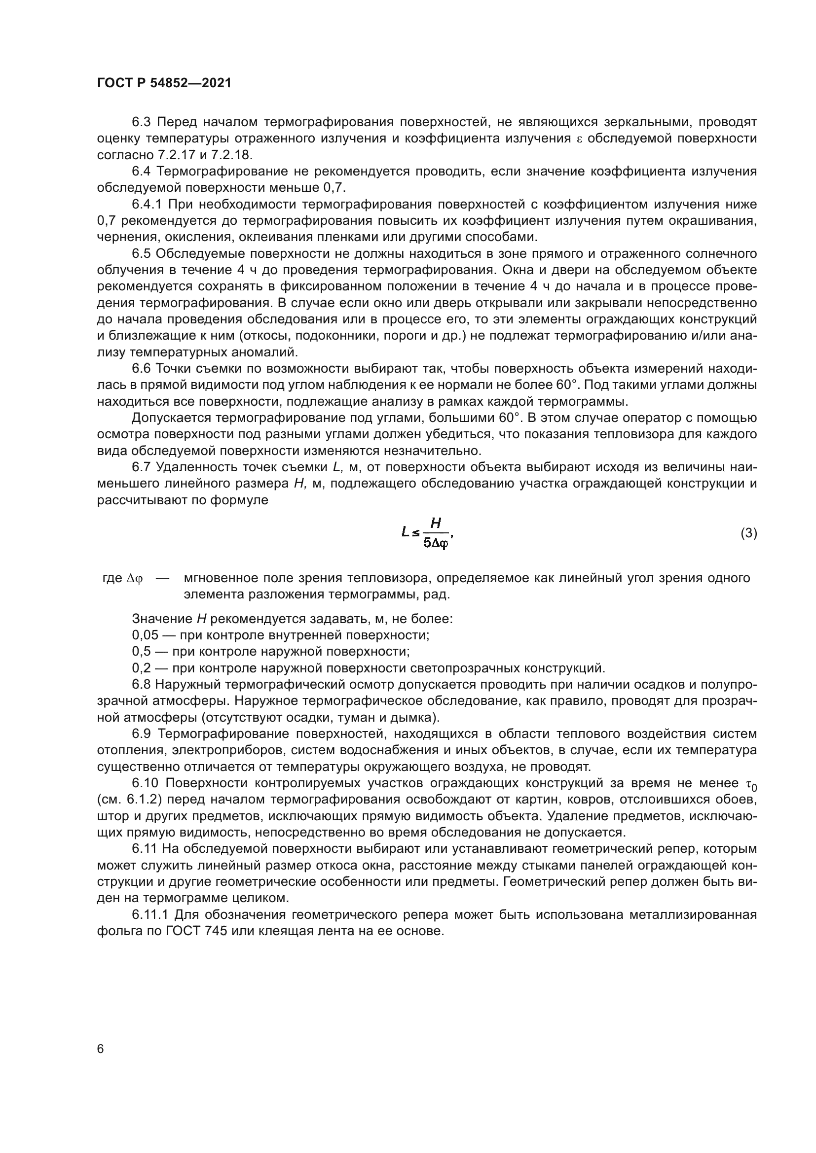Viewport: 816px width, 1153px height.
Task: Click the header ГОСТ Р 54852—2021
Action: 164,83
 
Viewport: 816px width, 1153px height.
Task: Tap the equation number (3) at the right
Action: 749,533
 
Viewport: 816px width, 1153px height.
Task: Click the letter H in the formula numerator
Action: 436,524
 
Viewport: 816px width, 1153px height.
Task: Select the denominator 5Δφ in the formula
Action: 436,543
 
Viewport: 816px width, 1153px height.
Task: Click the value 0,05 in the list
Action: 145,635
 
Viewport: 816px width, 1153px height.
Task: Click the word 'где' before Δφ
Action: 112,579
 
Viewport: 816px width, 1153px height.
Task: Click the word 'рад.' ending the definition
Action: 437,595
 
